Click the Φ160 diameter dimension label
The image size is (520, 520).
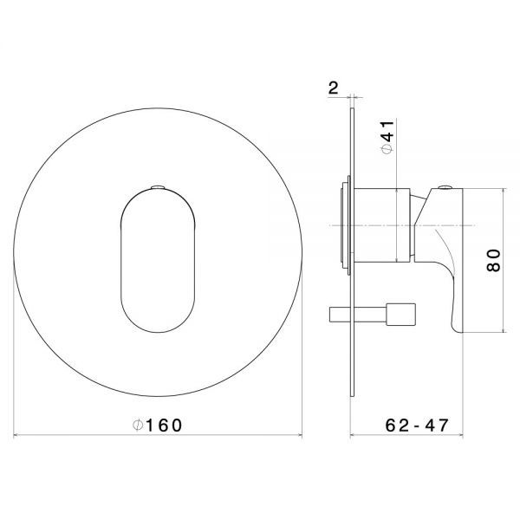tap(157, 426)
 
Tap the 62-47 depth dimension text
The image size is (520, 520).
tap(417, 426)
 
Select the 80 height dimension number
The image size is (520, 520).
tap(493, 261)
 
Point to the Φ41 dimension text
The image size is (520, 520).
tap(387, 137)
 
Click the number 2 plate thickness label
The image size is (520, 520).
tap(334, 88)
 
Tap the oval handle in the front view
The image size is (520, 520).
tap(158, 261)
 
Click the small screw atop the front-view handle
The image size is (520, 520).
tap(158, 187)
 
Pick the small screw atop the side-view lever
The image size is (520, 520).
tap(445, 187)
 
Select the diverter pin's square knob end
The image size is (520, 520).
tap(400, 315)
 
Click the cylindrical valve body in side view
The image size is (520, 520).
tap(382, 225)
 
